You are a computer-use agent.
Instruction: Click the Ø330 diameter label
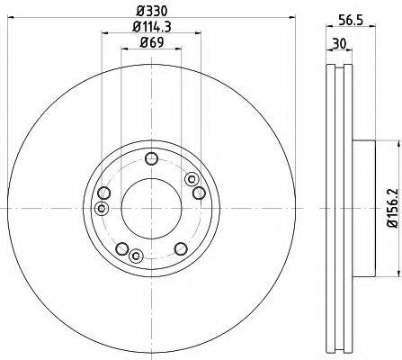[x=151, y=12]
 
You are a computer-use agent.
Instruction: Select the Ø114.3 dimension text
[x=152, y=27]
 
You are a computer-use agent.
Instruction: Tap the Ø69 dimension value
[x=152, y=42]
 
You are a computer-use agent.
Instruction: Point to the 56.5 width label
[x=351, y=21]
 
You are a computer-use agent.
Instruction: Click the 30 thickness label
[x=339, y=44]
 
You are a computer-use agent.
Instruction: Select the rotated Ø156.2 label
[x=393, y=208]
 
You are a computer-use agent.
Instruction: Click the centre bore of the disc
[x=151, y=208]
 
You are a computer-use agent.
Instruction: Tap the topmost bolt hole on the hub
[x=151, y=158]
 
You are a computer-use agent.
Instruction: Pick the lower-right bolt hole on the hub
[x=181, y=248]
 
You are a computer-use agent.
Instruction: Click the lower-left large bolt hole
[x=122, y=248]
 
